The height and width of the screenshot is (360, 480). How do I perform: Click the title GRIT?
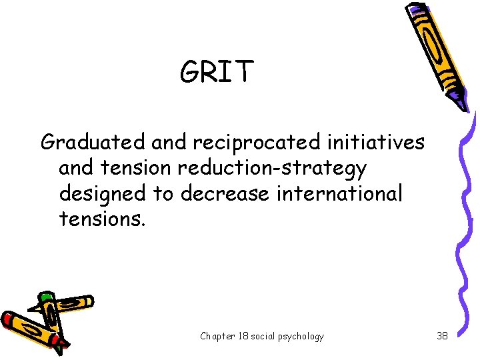tap(217, 71)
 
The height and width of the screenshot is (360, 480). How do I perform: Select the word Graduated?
tap(93, 142)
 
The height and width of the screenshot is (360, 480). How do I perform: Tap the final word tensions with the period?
tap(101, 218)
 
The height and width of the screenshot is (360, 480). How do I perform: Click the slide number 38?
tap(442, 336)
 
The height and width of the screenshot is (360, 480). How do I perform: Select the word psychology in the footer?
tap(302, 336)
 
